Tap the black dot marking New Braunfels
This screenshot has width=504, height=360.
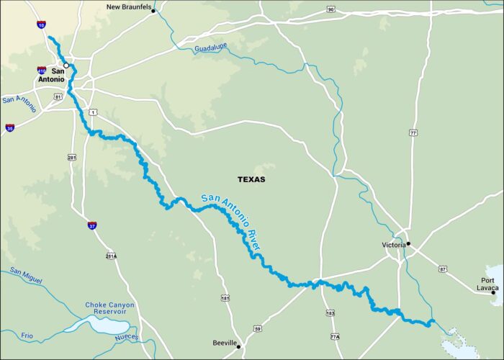[153, 11]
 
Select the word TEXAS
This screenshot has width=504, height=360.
[251, 179]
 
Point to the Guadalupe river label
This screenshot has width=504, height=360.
[210, 49]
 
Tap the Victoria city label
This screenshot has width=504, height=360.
[393, 245]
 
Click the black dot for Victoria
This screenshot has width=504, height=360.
[408, 243]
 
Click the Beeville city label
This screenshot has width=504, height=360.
[225, 343]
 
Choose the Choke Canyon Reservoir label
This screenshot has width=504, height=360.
[109, 310]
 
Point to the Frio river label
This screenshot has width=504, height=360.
[27, 334]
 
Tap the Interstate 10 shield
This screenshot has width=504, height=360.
[40, 25]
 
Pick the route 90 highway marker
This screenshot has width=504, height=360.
[330, 9]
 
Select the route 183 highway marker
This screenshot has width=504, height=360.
[330, 313]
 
